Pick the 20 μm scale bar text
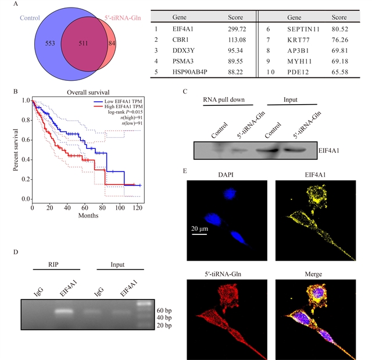click(201, 229)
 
